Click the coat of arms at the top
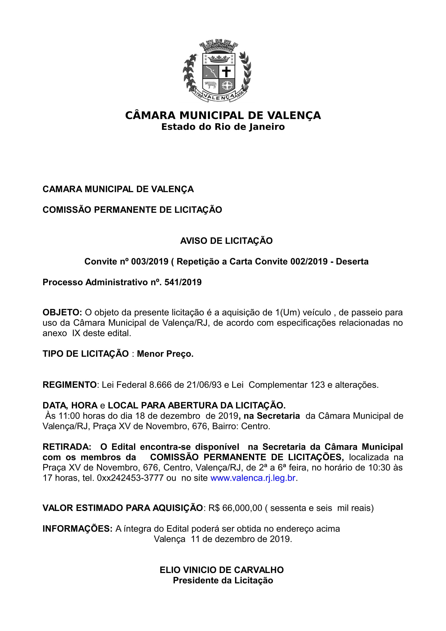point(217,71)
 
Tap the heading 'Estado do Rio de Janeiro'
point(223,127)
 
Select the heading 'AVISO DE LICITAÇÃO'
point(226,241)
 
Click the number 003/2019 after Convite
point(149,261)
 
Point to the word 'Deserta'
point(352,261)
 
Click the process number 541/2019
point(183,282)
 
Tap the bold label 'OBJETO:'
point(62,312)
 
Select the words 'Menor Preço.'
point(165,354)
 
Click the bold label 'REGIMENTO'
point(70,385)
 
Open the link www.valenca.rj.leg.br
point(253,478)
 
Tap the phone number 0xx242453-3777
point(130,478)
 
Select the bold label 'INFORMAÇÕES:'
point(77,529)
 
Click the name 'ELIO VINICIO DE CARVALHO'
point(222,570)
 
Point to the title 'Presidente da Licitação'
point(223,581)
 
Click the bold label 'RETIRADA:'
point(67,447)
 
